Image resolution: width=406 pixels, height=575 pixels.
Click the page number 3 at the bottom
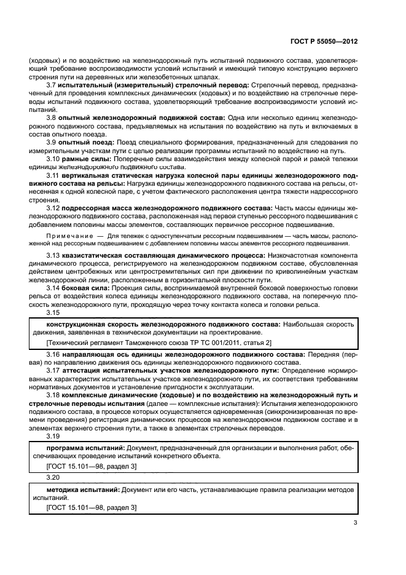[354, 523]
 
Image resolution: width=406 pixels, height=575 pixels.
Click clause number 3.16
[53, 355]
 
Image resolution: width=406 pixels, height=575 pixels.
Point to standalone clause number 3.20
[53, 477]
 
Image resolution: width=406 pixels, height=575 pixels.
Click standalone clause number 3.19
[53, 436]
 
